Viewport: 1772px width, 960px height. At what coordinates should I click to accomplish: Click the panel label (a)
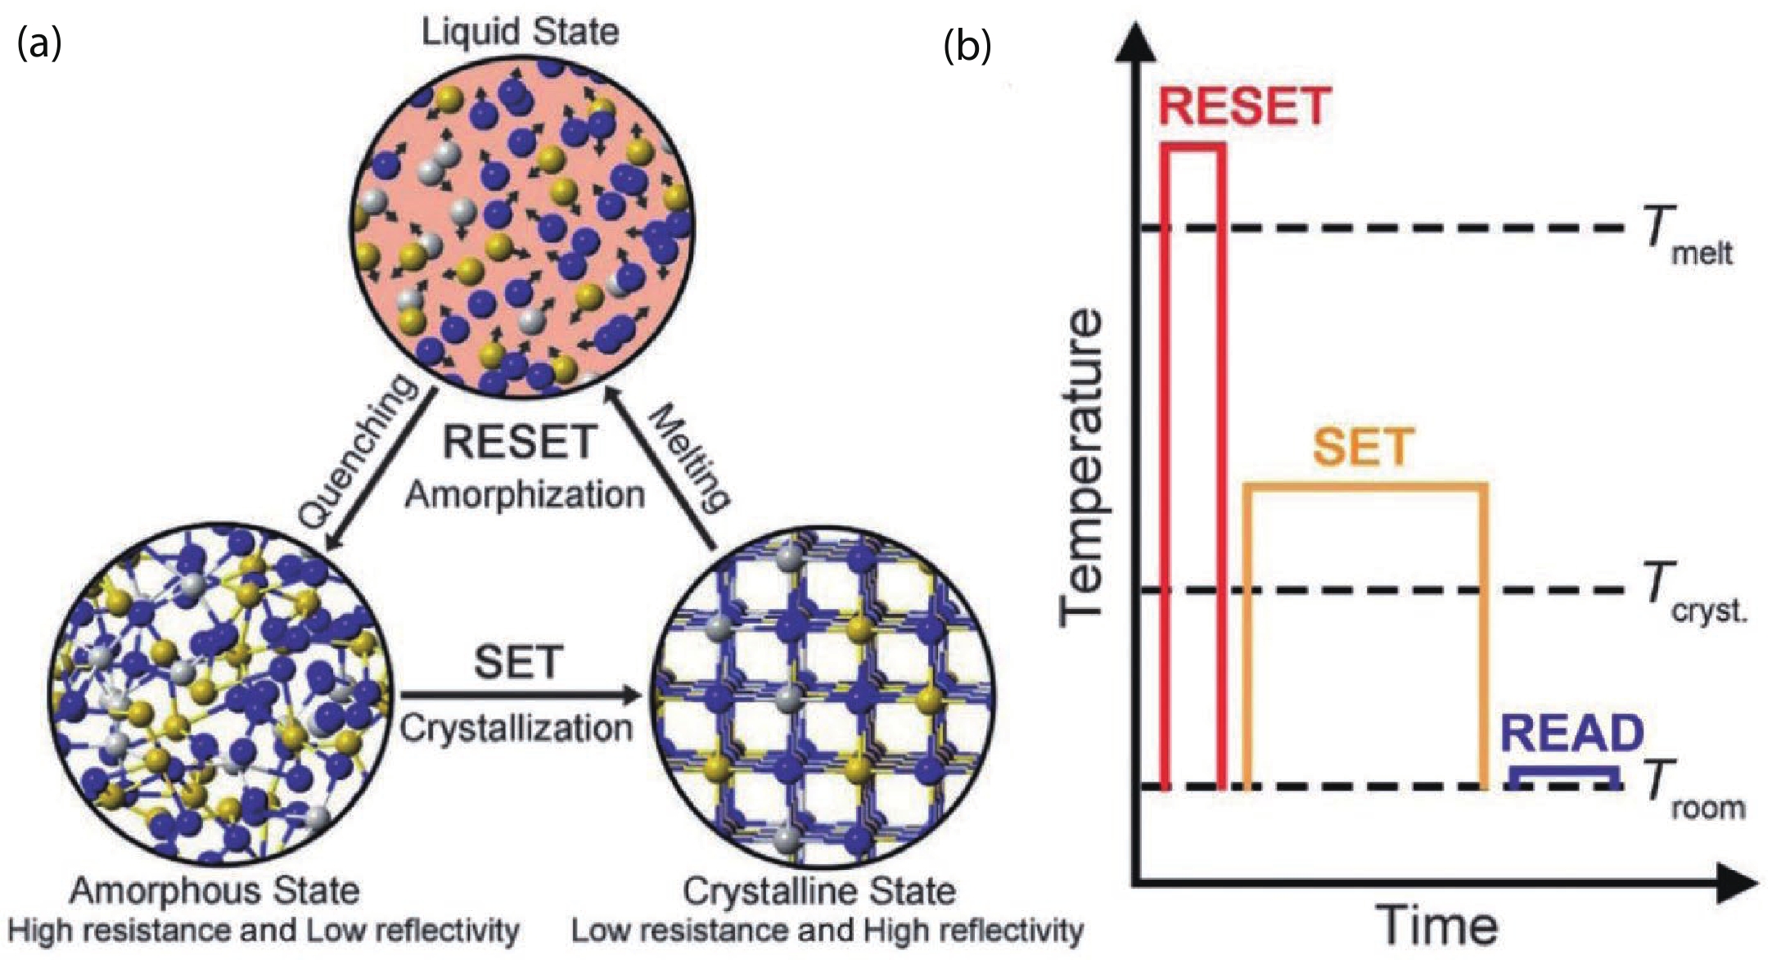[x=38, y=44]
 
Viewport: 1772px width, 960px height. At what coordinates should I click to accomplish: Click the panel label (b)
[x=967, y=47]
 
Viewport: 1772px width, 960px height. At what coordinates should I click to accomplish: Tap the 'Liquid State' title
[x=520, y=32]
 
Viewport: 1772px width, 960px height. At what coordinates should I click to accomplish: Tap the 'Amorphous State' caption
[x=214, y=890]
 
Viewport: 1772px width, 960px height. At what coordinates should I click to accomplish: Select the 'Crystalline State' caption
[x=819, y=890]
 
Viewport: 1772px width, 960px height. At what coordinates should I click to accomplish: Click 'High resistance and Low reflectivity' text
[x=264, y=931]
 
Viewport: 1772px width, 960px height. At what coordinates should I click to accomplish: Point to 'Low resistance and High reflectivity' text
[x=827, y=931]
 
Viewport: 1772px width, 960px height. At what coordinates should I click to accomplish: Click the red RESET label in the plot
[x=1244, y=107]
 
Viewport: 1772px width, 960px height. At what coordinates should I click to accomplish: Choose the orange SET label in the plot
[x=1364, y=447]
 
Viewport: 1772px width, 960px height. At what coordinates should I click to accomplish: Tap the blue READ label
[x=1572, y=733]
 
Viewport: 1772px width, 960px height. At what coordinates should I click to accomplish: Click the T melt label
[x=1689, y=237]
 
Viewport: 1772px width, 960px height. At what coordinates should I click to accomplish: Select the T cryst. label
[x=1695, y=595]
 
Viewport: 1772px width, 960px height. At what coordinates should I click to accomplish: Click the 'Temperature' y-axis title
[x=1080, y=467]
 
